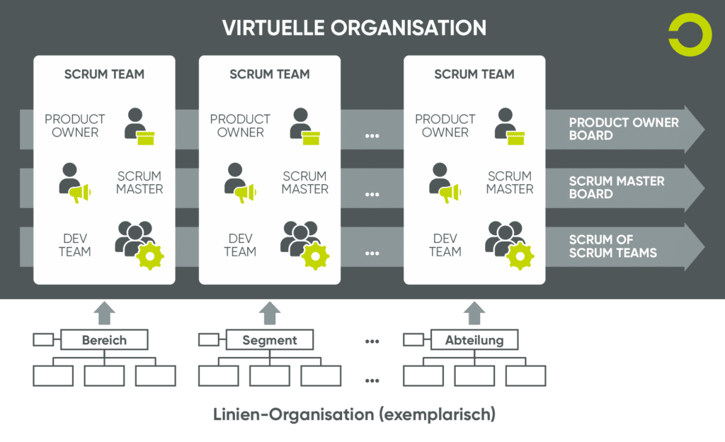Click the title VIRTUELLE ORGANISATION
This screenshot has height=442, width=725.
pyautogui.click(x=354, y=28)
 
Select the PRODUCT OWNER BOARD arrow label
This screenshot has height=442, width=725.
pyautogui.click(x=624, y=129)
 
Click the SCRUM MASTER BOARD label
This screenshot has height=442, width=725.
pyautogui.click(x=617, y=187)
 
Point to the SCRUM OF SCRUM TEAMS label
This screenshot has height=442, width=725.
pyautogui.click(x=612, y=246)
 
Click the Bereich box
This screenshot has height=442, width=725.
pyautogui.click(x=105, y=340)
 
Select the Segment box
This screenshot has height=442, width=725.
pyautogui.click(x=270, y=340)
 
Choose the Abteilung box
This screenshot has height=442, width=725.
pyautogui.click(x=474, y=340)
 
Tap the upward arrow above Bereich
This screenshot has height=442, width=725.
pyautogui.click(x=105, y=313)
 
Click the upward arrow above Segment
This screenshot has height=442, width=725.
pyautogui.click(x=270, y=313)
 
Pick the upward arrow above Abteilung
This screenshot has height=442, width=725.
pyautogui.click(x=474, y=313)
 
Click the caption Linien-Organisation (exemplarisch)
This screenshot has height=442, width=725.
pyautogui.click(x=354, y=414)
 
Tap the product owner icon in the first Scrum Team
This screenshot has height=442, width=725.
pyautogui.click(x=139, y=126)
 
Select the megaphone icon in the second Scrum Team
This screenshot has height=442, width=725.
pyautogui.click(x=245, y=193)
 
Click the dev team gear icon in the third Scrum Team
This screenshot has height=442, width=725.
pyautogui.click(x=520, y=256)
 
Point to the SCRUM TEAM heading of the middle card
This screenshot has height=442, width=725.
pyautogui.click(x=270, y=74)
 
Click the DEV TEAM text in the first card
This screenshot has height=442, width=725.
pyautogui.click(x=75, y=245)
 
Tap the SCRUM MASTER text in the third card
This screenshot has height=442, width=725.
pyautogui.click(x=510, y=183)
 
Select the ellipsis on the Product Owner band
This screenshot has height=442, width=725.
pyautogui.click(x=372, y=136)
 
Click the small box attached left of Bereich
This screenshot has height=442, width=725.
pyautogui.click(x=43, y=340)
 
